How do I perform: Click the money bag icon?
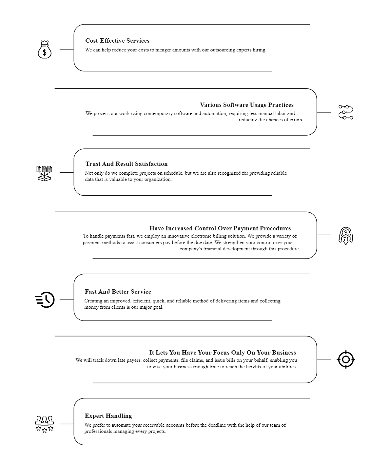click(45, 49)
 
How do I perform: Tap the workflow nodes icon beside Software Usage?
click(346, 112)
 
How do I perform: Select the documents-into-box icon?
click(44, 173)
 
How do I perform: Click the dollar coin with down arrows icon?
click(346, 236)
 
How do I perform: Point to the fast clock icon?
click(45, 300)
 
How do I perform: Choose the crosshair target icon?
click(346, 359)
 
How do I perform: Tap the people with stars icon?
click(45, 424)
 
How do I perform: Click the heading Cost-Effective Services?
click(117, 41)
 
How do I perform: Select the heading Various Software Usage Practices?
click(247, 105)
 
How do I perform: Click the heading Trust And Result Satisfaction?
click(127, 164)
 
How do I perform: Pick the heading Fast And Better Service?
click(118, 292)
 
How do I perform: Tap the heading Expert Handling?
click(108, 416)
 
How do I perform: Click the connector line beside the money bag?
click(67, 50)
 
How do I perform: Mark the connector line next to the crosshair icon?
click(324, 359)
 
